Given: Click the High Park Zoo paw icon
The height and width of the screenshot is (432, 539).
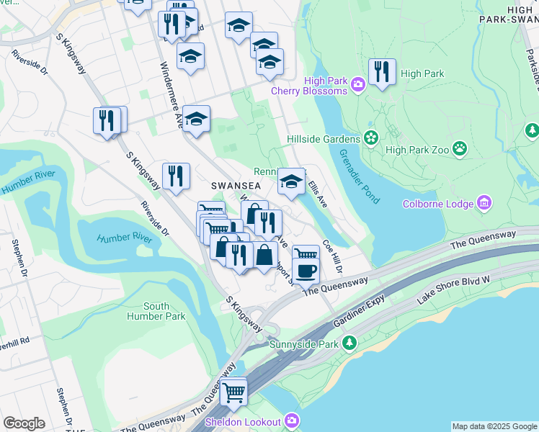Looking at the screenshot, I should pyautogui.click(x=460, y=150).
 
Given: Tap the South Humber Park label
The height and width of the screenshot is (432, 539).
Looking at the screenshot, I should pyautogui.click(x=156, y=311).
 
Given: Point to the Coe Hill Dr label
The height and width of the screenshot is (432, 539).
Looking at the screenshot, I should pyautogui.click(x=332, y=256).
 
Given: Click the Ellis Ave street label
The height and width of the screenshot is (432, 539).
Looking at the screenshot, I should pyautogui.click(x=318, y=194).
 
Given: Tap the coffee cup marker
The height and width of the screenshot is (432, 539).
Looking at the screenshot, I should pyautogui.click(x=307, y=271).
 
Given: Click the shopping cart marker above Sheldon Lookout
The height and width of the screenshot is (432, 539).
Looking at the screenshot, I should pyautogui.click(x=234, y=392).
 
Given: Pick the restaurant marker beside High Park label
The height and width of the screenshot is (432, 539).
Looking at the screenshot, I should pyautogui.click(x=382, y=71).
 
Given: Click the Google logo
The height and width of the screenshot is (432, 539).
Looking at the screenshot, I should pyautogui.click(x=24, y=423).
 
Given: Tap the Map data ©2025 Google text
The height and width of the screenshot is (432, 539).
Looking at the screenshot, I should pyautogui.click(x=494, y=426).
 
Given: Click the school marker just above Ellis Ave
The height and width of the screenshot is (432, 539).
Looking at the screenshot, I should pyautogui.click(x=291, y=181).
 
